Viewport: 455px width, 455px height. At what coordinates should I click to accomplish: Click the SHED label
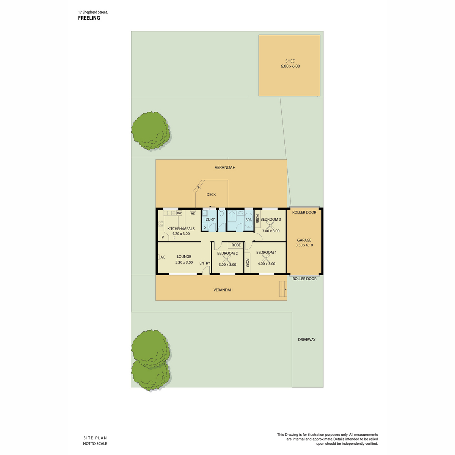[x=290, y=61]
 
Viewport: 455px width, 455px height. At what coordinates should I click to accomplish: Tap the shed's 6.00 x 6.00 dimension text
[x=290, y=66]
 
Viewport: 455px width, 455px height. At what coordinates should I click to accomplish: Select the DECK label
[x=211, y=195]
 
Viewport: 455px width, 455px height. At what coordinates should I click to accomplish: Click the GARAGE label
[x=304, y=240]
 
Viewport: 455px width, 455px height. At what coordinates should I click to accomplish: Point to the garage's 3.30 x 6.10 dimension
[x=304, y=245]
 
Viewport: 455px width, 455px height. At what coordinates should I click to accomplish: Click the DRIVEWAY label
[x=306, y=339]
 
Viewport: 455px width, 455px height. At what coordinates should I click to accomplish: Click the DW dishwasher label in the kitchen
[x=179, y=213]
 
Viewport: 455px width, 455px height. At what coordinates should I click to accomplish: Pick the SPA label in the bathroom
[x=248, y=220]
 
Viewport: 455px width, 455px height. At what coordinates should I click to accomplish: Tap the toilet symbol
[x=221, y=213]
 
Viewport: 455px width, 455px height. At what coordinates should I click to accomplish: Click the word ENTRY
[x=204, y=263]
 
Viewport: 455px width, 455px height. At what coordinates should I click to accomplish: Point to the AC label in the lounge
[x=163, y=257]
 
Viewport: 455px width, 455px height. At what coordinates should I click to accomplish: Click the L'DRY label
[x=210, y=219]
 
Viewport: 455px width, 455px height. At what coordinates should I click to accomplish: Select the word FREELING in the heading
[x=89, y=18]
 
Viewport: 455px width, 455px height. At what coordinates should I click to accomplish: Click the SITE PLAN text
[x=95, y=438]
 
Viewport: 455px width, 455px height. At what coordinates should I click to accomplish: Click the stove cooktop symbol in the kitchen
[x=161, y=223]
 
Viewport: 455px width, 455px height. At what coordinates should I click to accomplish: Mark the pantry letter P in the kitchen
[x=162, y=237]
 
